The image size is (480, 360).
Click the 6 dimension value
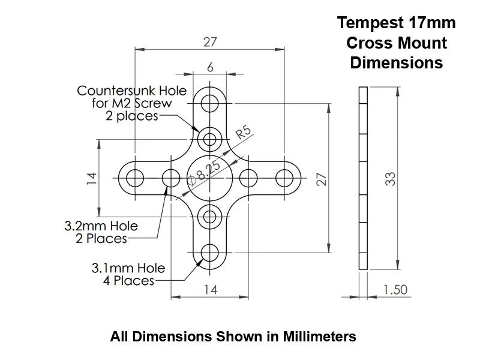point(210,67)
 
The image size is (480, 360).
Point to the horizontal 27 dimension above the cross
point(210,41)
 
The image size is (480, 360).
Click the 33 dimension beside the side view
point(391,178)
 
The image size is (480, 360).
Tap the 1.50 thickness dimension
point(395,290)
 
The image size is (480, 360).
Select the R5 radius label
point(242,133)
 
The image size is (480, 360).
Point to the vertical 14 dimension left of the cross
point(91,178)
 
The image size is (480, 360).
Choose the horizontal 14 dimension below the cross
point(210,289)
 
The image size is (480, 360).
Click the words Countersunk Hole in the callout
point(131,91)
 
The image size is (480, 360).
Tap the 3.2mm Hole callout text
point(101,226)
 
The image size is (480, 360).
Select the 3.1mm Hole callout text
point(128,268)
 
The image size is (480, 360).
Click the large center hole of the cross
point(209,178)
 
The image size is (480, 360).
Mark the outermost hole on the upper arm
point(209,103)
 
